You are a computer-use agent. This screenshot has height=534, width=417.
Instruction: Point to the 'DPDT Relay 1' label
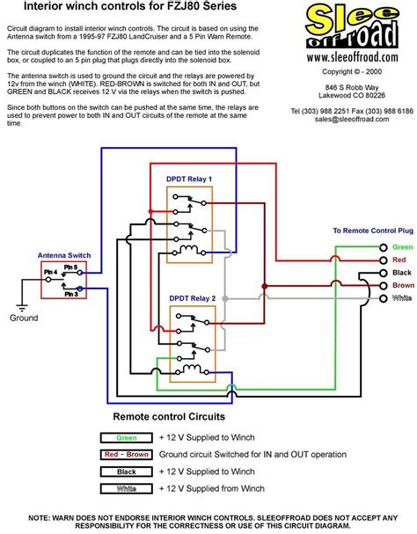(189, 178)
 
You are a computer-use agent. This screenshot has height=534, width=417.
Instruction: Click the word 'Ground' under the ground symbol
(24, 319)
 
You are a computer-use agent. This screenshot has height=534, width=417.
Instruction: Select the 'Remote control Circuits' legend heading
(169, 416)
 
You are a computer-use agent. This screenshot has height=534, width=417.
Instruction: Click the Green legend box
(125, 436)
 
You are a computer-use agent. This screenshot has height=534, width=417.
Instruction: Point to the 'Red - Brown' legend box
(125, 454)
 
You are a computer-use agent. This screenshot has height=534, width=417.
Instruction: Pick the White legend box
(125, 488)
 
